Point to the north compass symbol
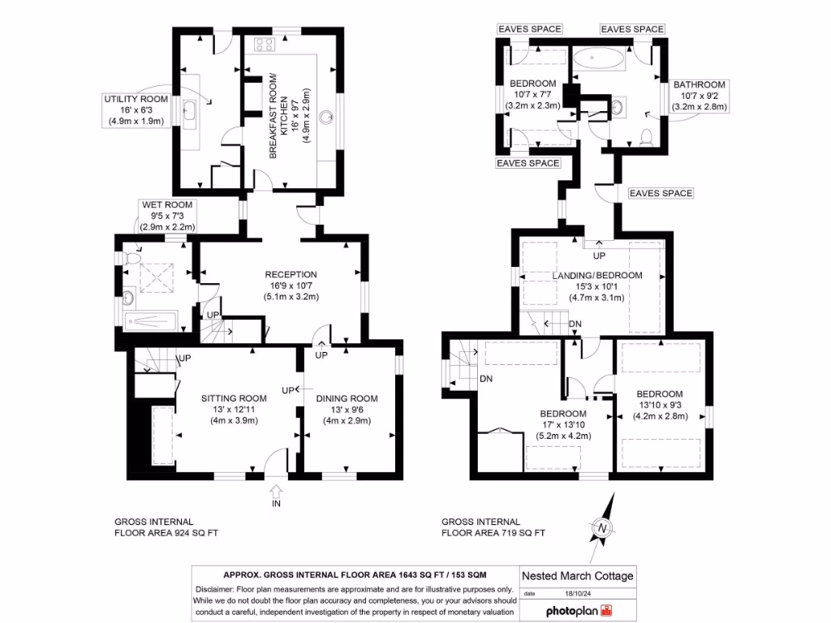[x=602, y=528]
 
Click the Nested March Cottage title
[x=577, y=576]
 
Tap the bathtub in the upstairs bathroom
[x=599, y=59]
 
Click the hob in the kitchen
[x=265, y=45]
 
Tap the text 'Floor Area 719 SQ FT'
[x=493, y=533]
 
